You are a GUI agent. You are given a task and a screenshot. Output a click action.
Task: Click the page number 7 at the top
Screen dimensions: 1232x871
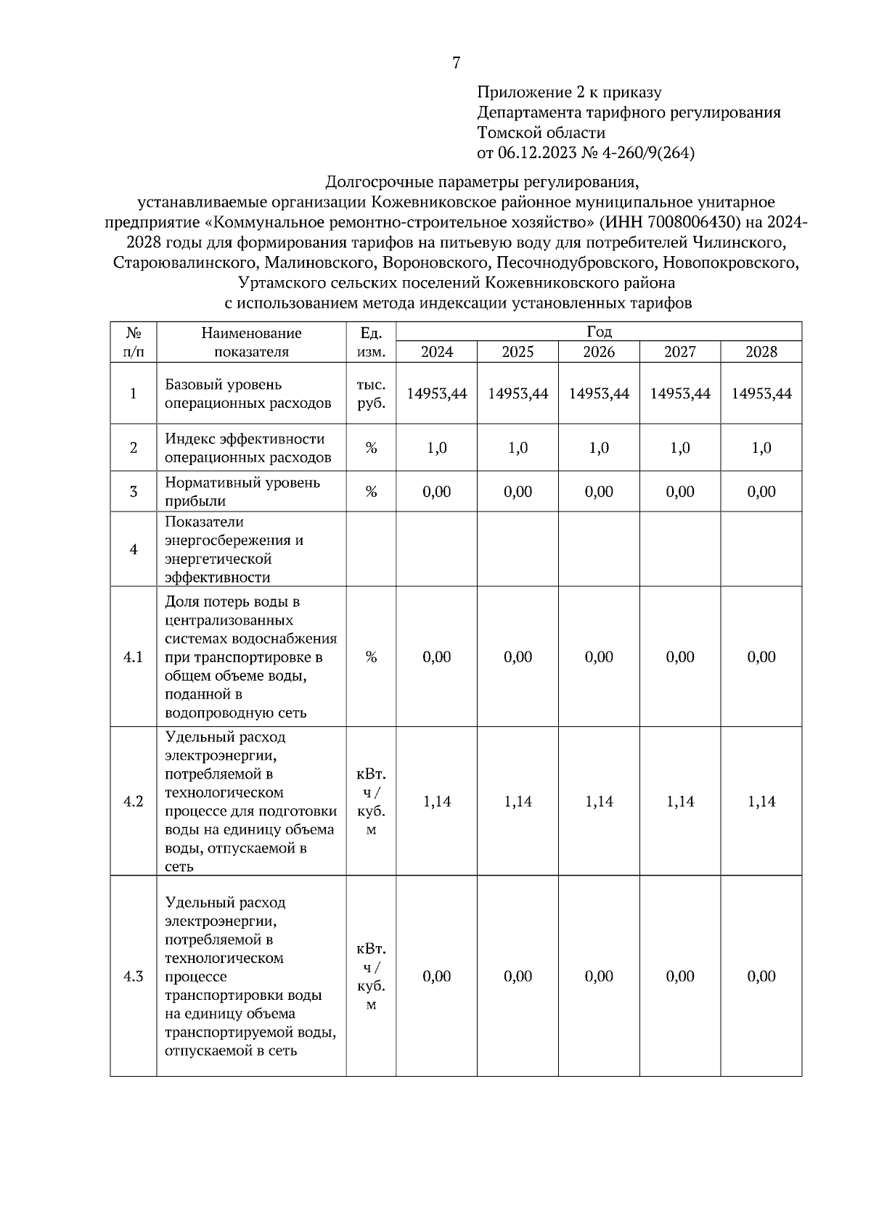[x=456, y=63]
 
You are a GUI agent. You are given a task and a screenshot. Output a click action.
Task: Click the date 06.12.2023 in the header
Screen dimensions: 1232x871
[x=536, y=153]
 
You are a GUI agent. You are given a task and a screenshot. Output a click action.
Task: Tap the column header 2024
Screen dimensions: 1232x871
[x=437, y=352]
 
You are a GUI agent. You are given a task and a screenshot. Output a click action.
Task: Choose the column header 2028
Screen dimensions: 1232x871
[x=761, y=352]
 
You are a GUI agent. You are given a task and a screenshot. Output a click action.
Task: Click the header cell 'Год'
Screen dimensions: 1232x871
[x=599, y=332]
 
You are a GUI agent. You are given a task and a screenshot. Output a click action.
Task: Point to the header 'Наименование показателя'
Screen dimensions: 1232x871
[x=251, y=342]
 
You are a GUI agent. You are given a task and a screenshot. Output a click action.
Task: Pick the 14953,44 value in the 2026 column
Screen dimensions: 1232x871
[x=599, y=393]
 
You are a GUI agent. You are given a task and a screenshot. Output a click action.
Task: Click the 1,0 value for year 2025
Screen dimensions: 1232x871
[x=518, y=448]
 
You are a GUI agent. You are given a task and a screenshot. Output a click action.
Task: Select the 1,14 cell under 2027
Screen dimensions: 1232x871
[x=680, y=801]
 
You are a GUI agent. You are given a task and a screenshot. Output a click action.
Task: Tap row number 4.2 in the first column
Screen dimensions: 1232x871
[x=134, y=801]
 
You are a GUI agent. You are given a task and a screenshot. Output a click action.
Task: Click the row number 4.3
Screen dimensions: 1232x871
[x=134, y=976]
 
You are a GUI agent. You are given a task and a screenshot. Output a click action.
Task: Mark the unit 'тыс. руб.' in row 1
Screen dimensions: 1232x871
[x=371, y=393]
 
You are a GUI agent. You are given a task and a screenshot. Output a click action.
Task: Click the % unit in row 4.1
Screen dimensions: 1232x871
[x=371, y=657]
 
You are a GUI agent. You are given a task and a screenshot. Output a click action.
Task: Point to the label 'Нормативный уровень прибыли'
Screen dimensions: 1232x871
[x=242, y=491]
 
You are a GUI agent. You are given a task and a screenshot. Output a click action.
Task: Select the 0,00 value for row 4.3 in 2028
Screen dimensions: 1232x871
[x=761, y=976]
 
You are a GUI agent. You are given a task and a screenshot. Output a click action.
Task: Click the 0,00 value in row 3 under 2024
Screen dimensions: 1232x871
[x=437, y=491]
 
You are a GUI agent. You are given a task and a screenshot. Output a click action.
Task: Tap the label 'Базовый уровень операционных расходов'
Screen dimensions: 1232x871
[x=248, y=393]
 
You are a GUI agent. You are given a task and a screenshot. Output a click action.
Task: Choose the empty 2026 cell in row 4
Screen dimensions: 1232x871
[x=599, y=549]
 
